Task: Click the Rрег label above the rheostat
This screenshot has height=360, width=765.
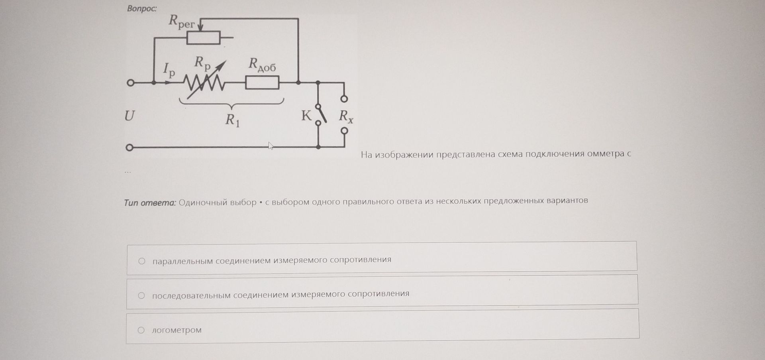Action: pos(181,21)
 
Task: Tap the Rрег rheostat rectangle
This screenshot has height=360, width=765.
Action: pos(203,37)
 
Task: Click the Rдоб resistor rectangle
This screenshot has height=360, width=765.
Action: pos(262,83)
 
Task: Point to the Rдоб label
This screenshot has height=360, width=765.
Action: pos(262,65)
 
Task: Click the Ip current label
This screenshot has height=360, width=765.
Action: pos(169,70)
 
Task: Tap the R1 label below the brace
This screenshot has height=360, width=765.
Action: pos(232,120)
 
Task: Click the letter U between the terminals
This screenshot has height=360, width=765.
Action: pos(129,116)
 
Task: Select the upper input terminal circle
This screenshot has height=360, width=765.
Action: pos(130,83)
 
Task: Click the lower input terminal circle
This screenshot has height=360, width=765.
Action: pos(129,148)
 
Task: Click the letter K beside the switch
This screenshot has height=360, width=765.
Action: pos(306,116)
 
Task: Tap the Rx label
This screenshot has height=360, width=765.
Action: pos(346,116)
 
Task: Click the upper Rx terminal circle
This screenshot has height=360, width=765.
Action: pos(344,98)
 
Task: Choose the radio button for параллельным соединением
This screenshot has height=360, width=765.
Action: pos(141,261)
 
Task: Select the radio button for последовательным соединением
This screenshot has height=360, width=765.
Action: pos(141,295)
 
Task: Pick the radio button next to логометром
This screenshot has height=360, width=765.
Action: pos(141,330)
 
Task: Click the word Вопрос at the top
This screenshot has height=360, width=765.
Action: pos(142,8)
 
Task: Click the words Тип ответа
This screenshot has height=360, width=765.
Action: pos(150,203)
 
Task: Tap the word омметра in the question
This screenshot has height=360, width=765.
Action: pos(605,153)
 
